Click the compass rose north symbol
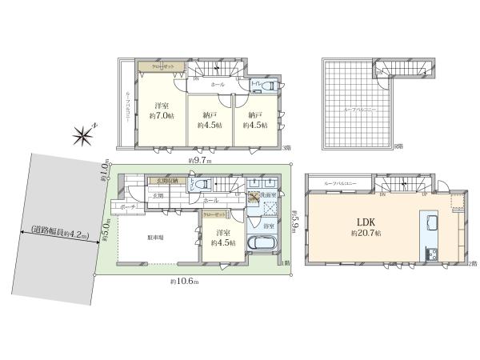click(83, 136)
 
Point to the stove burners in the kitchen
click(433, 254)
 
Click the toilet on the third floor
click(270, 86)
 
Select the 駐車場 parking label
click(155, 238)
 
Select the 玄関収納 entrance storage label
click(170, 182)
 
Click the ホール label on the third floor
click(217, 84)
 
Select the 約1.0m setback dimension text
click(106, 172)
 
